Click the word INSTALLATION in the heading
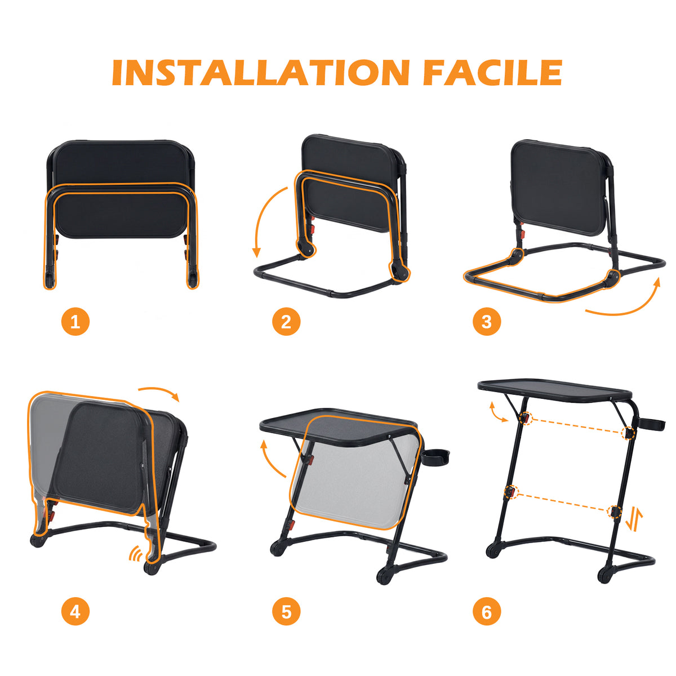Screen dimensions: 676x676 (x=261, y=73)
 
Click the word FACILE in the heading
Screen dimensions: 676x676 (x=493, y=73)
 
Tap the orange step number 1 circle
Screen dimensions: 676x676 (x=75, y=321)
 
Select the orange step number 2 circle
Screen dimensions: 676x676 (x=286, y=321)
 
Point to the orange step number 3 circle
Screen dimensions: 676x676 (x=487, y=321)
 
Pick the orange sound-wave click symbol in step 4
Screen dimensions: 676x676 (x=136, y=554)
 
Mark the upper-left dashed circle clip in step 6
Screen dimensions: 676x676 (x=525, y=418)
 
